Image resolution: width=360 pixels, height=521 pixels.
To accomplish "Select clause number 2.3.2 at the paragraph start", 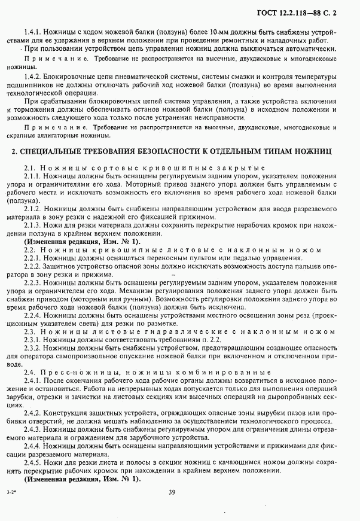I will (x=34, y=347).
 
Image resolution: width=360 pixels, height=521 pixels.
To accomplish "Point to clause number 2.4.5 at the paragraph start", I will (x=34, y=463).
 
